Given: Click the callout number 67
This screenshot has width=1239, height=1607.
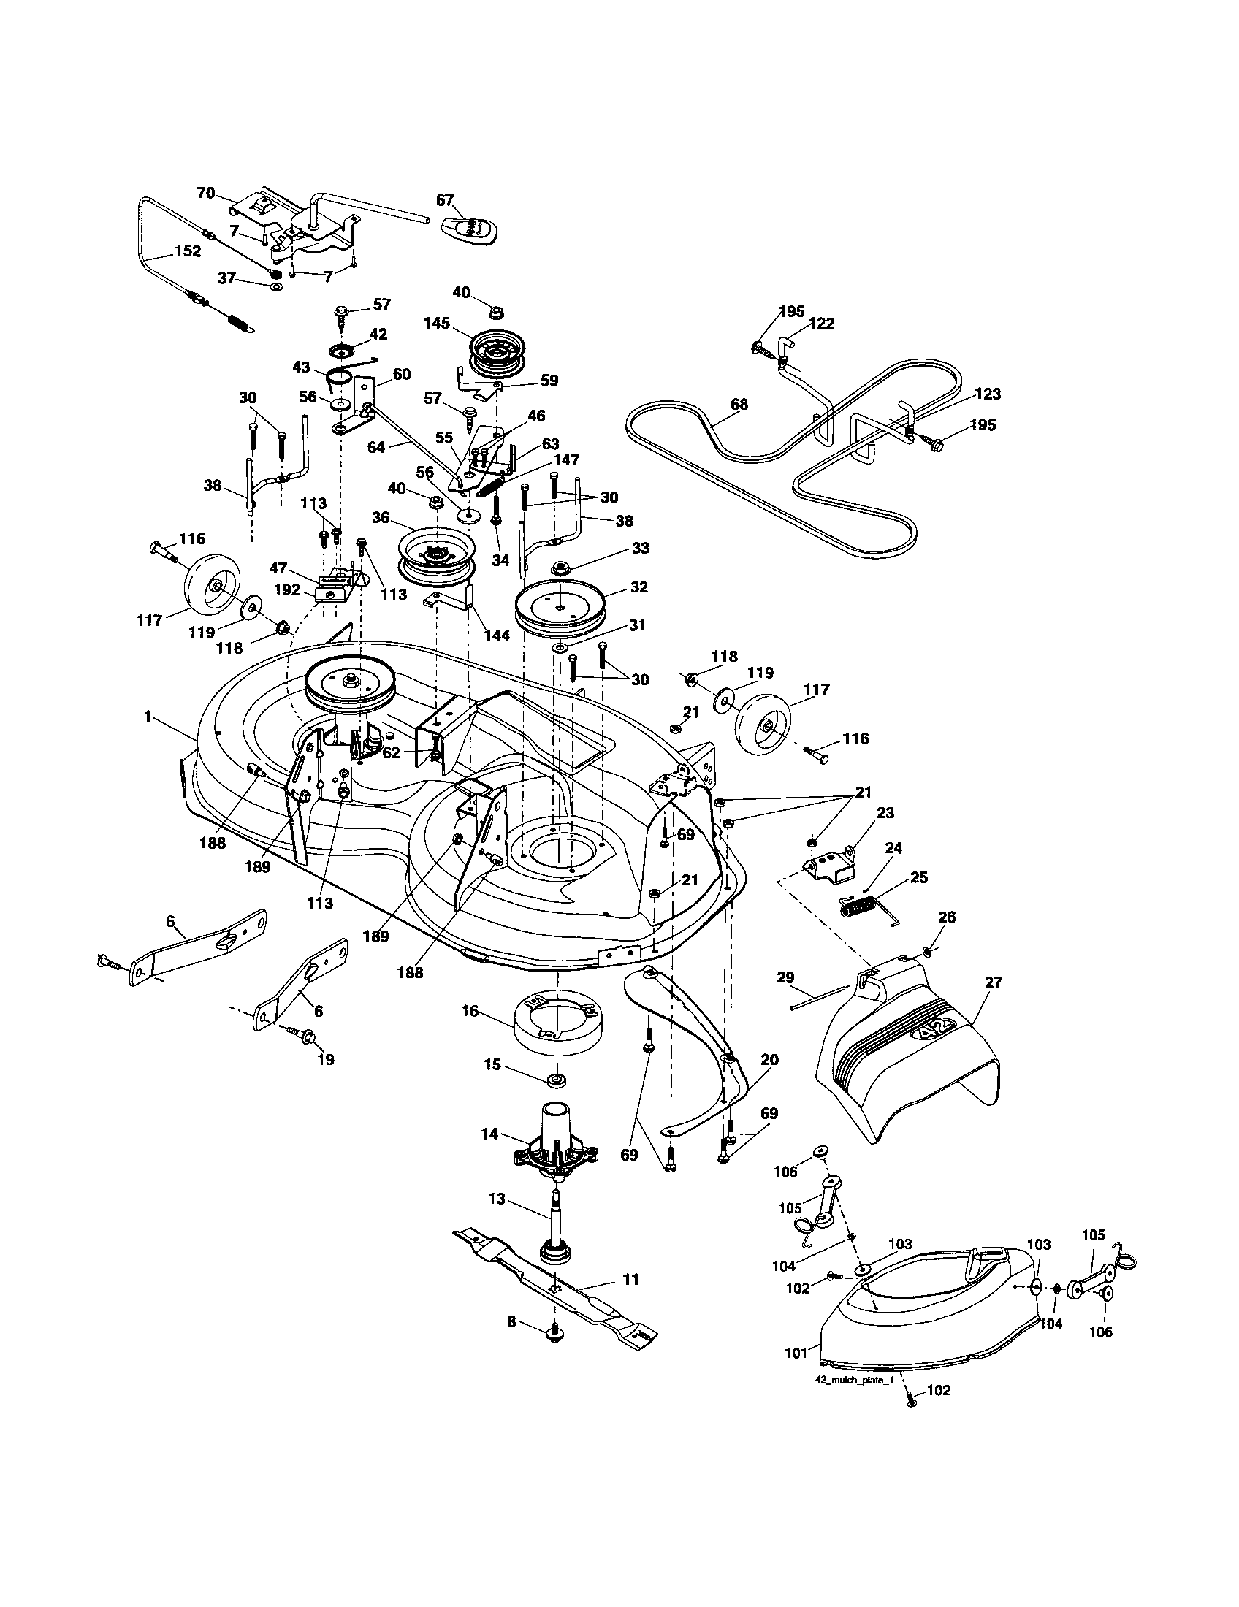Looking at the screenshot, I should [x=445, y=200].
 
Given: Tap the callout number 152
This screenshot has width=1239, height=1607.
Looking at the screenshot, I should [x=187, y=251].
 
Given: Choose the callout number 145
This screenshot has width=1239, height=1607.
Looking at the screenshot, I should [x=437, y=323].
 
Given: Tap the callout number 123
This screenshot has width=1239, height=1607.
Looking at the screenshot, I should [x=987, y=394].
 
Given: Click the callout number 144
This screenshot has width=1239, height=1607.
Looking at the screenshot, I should [x=497, y=635].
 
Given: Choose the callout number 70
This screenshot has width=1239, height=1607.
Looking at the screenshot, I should [x=205, y=193].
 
